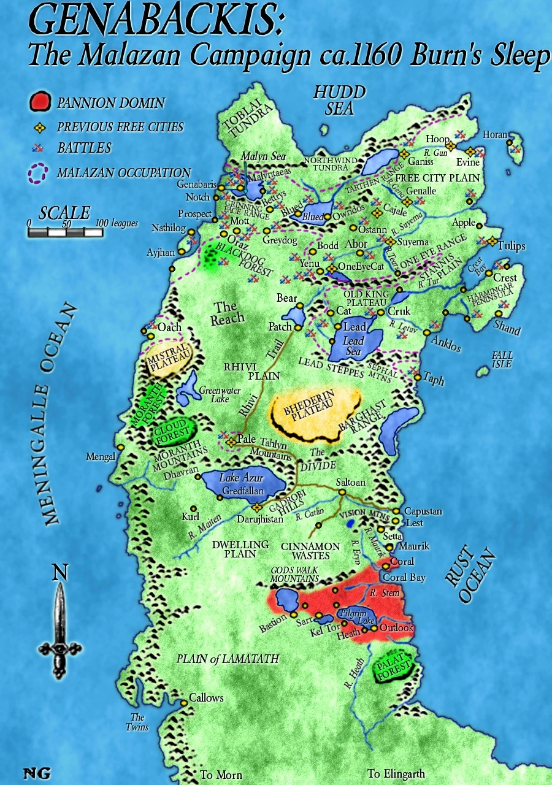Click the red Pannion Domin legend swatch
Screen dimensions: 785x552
(x=39, y=102)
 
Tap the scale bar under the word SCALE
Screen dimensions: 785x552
(x=66, y=232)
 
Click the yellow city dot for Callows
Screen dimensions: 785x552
(x=183, y=703)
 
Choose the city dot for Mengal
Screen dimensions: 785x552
(x=121, y=448)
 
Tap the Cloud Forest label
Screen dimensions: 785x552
(x=174, y=433)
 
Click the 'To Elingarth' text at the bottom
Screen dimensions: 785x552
(x=396, y=773)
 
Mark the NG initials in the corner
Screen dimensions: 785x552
(x=36, y=773)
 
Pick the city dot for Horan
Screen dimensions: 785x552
(x=510, y=142)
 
